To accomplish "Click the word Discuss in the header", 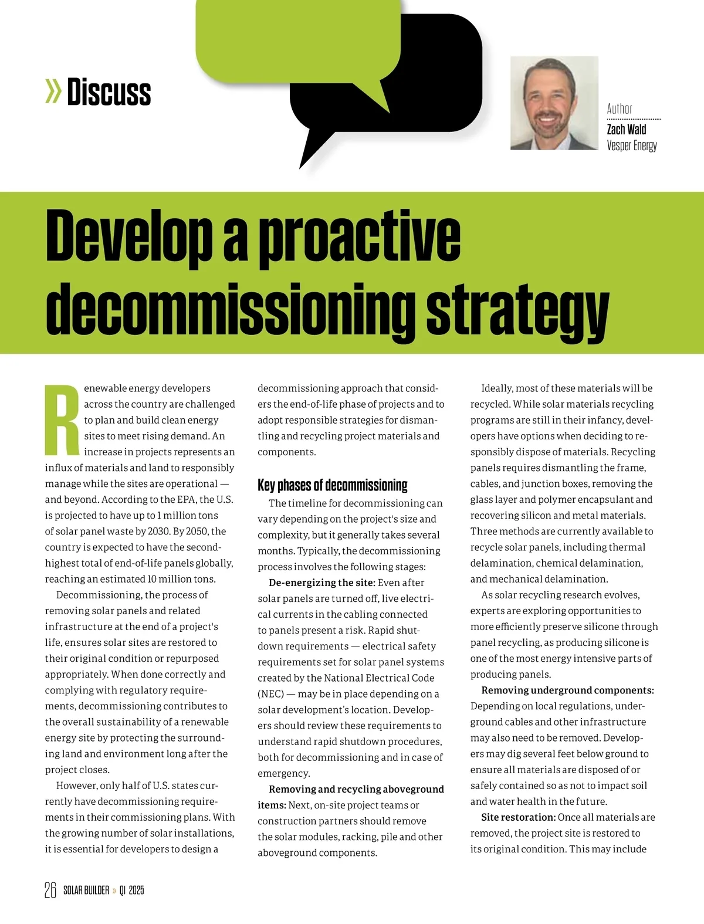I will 109,93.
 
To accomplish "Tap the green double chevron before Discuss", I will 53,92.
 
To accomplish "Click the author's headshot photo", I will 554,103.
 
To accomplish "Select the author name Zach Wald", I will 626,130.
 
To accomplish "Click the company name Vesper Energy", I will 632,145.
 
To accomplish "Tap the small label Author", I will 620,109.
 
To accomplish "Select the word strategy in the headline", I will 517,310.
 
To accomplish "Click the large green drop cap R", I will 62,420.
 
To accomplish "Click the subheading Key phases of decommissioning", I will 332,485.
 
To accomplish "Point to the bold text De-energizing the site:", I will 321,583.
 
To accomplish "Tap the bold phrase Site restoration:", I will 518,817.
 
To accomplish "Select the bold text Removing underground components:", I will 567,690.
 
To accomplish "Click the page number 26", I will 50,890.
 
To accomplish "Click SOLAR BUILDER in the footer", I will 86,891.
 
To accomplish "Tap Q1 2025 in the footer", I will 131,891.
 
